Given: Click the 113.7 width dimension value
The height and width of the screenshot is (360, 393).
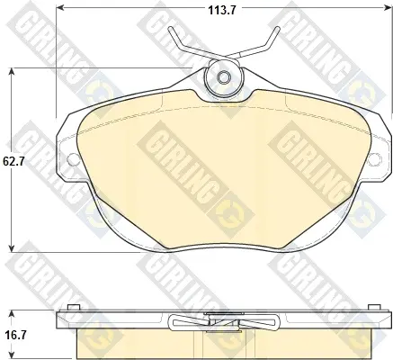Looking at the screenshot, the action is coord(222,11).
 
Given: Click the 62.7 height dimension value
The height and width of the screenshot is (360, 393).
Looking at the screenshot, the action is coord(13,161).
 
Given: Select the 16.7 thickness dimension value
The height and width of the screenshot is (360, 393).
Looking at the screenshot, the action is coord(13,335).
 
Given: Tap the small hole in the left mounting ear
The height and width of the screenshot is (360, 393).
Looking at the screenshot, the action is coord(73,159).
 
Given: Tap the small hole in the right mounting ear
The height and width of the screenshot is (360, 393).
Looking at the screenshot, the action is coord(375,159).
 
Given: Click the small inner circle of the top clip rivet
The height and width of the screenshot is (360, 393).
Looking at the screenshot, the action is coord(223,77).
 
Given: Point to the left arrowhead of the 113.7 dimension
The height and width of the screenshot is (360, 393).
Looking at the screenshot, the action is coord(60,8).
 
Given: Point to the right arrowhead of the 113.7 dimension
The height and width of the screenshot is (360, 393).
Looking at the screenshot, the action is coord(388,8).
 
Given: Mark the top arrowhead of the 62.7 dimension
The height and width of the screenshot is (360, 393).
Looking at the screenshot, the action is coord(12,72).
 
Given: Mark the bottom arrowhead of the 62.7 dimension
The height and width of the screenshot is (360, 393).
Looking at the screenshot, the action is coord(12,248).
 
